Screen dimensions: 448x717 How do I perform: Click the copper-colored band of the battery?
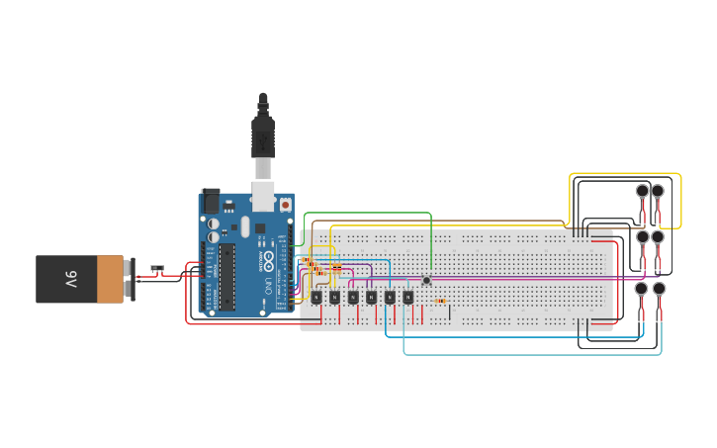click(111, 279)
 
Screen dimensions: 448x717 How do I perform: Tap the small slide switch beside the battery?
click(156, 268)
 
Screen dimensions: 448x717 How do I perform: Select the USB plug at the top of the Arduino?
click(262, 138)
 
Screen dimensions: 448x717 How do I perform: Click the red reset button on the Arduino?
click(286, 205)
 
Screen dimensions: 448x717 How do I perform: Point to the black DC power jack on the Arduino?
click(211, 203)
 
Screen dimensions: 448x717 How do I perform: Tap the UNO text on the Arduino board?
click(266, 287)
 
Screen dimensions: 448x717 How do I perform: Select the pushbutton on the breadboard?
click(426, 280)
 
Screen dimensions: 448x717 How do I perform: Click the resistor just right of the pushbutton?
click(440, 301)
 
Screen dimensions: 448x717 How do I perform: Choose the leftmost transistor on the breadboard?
click(316, 297)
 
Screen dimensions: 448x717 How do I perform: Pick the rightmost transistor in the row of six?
click(407, 297)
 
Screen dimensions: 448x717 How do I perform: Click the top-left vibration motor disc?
click(642, 190)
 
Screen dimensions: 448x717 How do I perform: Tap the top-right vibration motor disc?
click(658, 190)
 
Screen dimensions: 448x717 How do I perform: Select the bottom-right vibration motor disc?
click(659, 289)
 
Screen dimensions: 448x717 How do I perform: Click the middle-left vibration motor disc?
click(642, 237)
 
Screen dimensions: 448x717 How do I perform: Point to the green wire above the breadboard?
click(366, 212)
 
